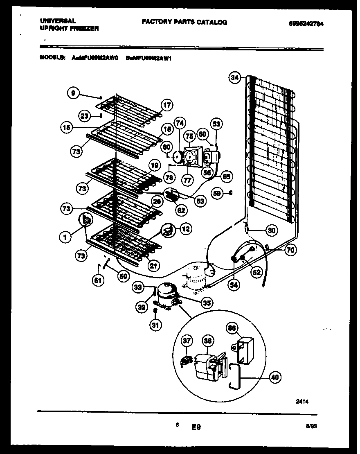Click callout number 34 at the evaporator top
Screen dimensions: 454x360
click(x=235, y=78)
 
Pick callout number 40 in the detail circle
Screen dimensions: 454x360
click(x=275, y=377)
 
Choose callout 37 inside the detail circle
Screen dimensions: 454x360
click(x=187, y=341)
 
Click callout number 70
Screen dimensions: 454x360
click(x=291, y=249)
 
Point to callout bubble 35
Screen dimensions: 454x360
click(x=207, y=303)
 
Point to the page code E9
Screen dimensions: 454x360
click(x=196, y=427)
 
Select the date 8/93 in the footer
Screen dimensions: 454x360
click(x=312, y=426)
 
